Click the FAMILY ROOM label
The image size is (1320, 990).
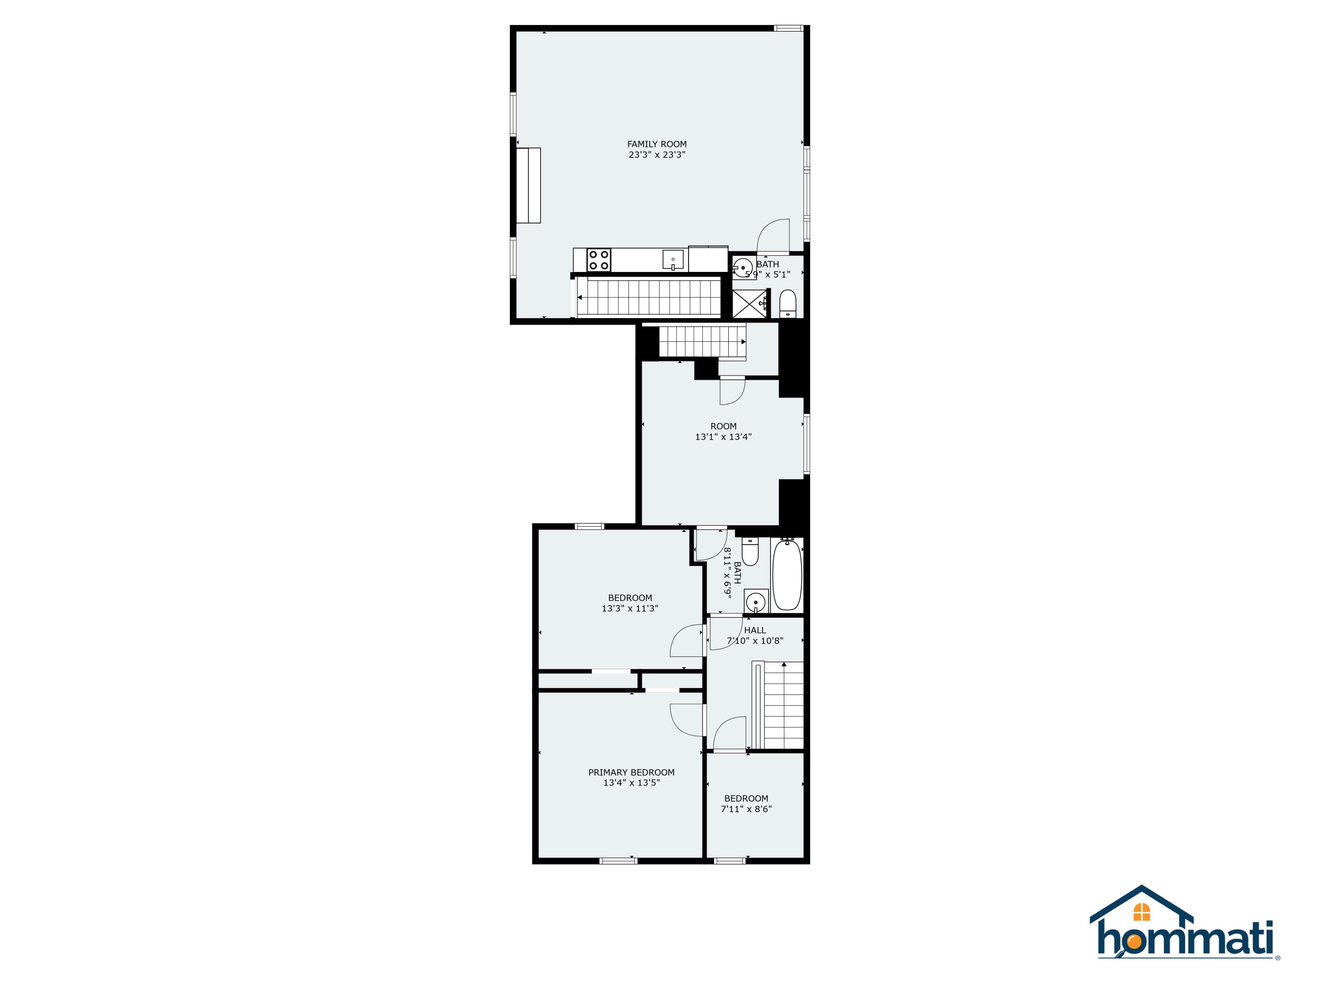656,144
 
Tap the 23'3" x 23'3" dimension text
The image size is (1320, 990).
656,154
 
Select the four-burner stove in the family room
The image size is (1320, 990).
598,260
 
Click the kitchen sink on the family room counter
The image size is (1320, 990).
673,260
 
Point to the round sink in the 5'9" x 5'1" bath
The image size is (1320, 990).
743,266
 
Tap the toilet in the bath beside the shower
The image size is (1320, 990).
788,303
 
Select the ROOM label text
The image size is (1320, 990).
723,426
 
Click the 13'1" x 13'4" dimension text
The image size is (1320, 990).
723,437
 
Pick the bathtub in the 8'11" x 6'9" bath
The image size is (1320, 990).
787,574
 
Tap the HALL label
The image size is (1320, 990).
755,630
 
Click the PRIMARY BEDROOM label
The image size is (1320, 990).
631,772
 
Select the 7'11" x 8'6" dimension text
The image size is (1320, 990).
746,809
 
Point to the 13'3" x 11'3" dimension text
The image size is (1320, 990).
630,609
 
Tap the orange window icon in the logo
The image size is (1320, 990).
1141,912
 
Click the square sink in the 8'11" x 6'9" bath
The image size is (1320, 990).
756,601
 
